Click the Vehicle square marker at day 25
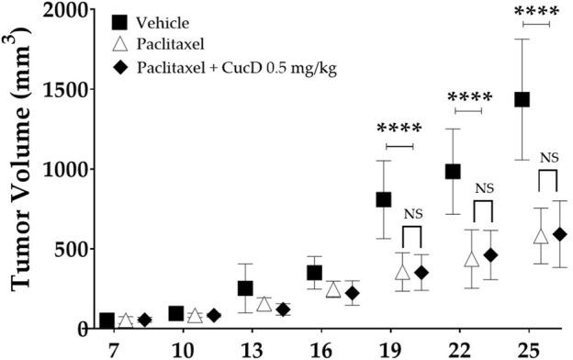click(x=522, y=99)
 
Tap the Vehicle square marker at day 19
click(x=383, y=199)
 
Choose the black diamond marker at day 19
click(x=421, y=273)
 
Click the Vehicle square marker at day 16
click(x=314, y=273)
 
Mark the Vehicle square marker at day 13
click(x=245, y=288)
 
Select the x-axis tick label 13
click(x=245, y=350)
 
